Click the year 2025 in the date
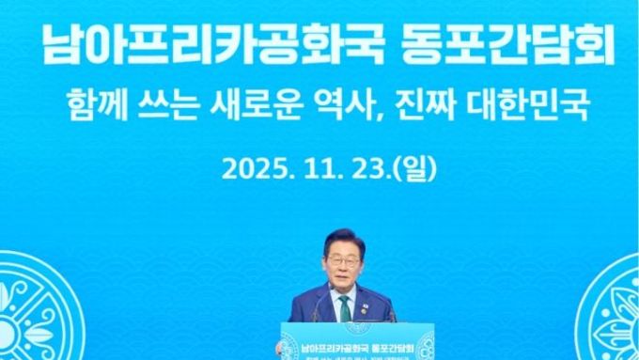coord(252,169)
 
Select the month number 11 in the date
coord(310,169)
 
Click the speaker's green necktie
coord(346,307)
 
